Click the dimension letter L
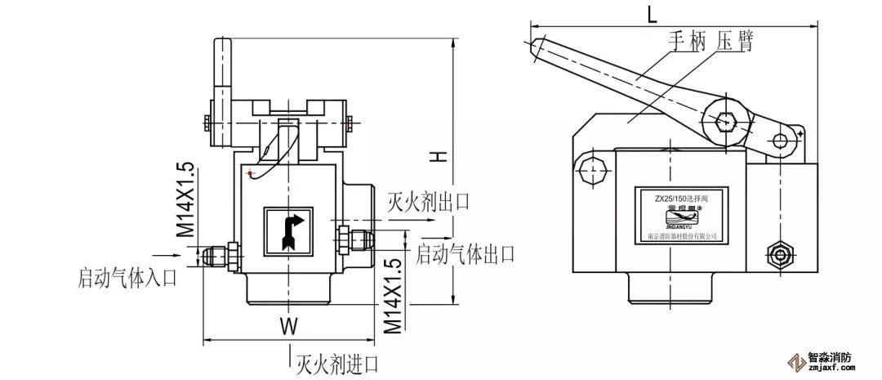pos(650,15)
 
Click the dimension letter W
pos(287,325)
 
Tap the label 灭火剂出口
pos(428,202)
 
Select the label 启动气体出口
pos(465,254)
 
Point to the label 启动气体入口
pos(127,278)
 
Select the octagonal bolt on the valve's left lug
pos(590,171)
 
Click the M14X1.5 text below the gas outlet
pos(394,294)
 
